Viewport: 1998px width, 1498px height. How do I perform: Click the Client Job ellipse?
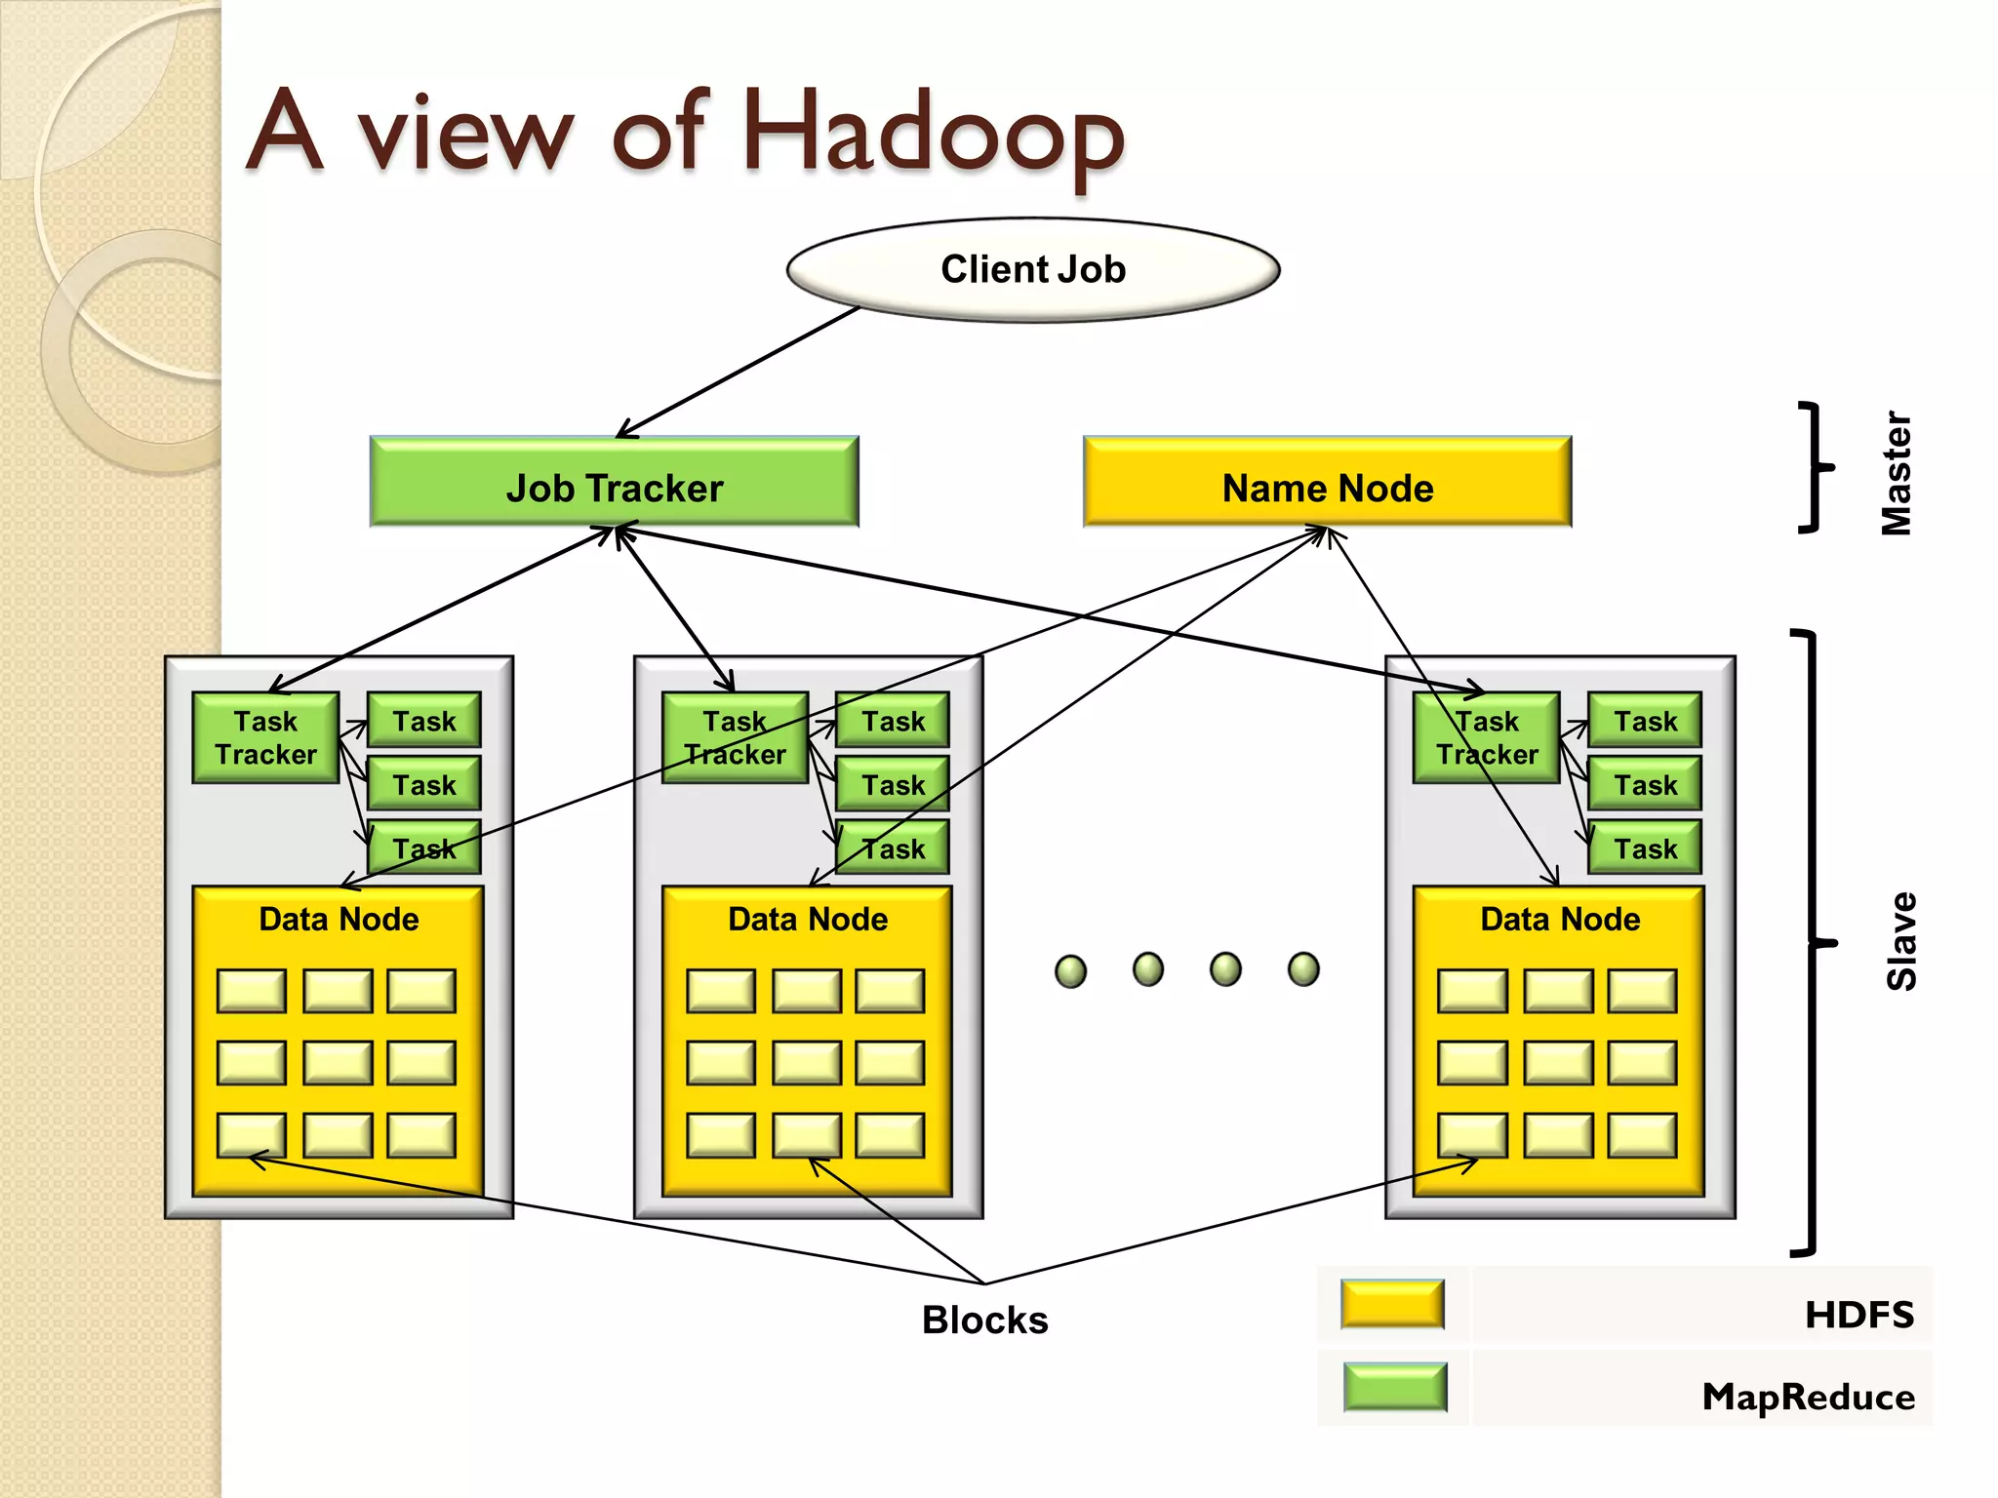tap(1032, 269)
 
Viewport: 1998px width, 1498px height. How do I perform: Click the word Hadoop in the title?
tap(932, 132)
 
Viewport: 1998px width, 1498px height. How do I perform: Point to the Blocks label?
tap(984, 1320)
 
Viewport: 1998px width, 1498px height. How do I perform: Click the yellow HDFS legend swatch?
tap(1392, 1305)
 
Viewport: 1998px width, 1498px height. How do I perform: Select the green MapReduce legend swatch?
tap(1394, 1387)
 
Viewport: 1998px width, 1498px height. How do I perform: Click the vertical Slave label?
tap(1901, 941)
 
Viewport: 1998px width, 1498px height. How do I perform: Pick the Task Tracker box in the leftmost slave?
tap(265, 738)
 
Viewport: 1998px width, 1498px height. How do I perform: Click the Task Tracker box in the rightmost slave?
tap(1486, 738)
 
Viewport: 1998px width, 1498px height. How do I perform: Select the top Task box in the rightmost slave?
tap(1645, 721)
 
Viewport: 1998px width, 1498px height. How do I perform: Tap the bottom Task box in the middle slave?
tap(893, 848)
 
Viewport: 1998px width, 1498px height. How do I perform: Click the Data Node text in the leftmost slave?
tap(339, 919)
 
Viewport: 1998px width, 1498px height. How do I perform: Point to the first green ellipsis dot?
tap(1070, 971)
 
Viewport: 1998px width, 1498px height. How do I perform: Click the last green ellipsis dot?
tap(1303, 969)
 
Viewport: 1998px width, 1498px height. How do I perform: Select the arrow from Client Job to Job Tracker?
tap(739, 373)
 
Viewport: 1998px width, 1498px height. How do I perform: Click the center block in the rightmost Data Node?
tap(1558, 1063)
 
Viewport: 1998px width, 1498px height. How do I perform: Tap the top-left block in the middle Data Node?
tap(720, 991)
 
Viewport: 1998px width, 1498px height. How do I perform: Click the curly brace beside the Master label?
tap(1815, 468)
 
